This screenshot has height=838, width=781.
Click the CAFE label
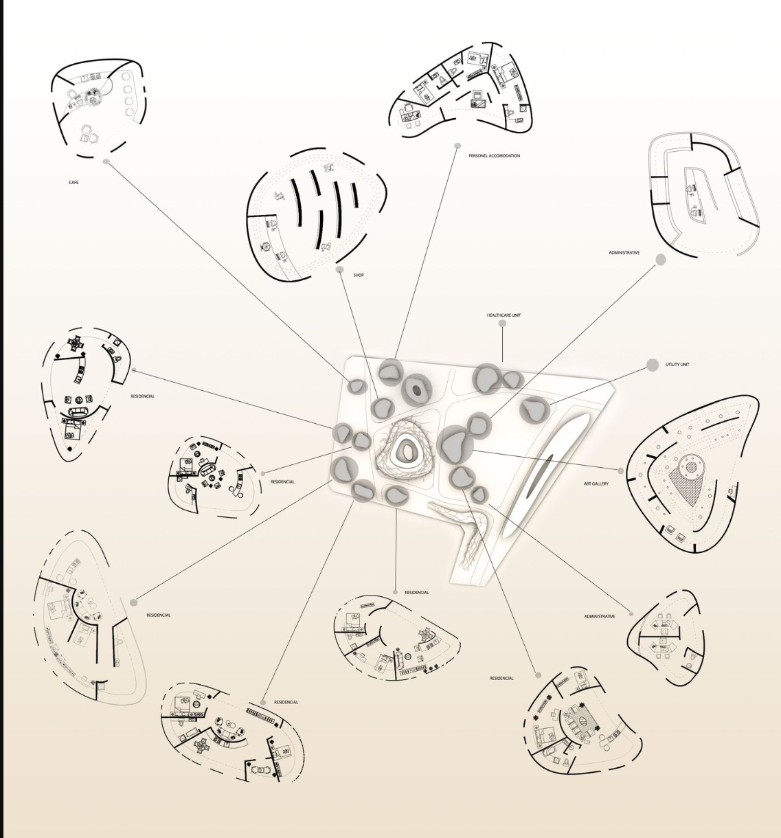(73, 182)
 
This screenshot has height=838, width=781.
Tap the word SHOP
(359, 275)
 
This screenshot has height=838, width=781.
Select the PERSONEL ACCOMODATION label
(494, 156)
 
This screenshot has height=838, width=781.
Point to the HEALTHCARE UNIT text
(503, 315)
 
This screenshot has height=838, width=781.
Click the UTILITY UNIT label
(677, 364)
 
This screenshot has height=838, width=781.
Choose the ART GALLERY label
(596, 484)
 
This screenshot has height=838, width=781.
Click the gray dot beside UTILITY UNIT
(653, 365)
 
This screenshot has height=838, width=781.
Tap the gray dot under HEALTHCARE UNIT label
(502, 324)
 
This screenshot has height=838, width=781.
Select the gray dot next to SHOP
(340, 269)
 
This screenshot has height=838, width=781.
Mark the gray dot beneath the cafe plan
(106, 161)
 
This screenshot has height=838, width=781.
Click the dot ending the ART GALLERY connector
(620, 471)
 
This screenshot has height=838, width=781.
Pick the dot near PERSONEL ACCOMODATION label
(457, 146)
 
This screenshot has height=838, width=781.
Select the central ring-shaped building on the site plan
(407, 452)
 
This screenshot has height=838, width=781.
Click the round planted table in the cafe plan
(92, 98)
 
